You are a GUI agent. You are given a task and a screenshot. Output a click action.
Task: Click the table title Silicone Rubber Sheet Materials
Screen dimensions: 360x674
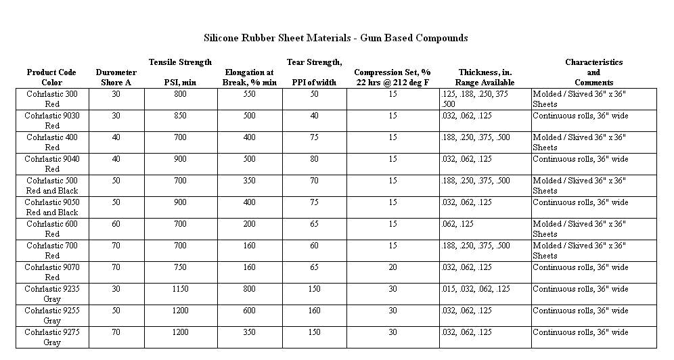click(x=336, y=38)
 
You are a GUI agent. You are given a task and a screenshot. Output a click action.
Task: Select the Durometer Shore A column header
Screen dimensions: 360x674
click(x=116, y=77)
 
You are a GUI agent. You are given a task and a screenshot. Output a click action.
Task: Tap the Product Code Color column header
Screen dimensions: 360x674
click(x=51, y=77)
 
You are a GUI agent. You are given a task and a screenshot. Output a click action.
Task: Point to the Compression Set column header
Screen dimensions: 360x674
click(x=392, y=77)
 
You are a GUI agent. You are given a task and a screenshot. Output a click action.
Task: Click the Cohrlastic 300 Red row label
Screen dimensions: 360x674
click(x=52, y=99)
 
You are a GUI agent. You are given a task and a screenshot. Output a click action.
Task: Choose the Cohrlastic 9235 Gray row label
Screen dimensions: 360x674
click(x=52, y=294)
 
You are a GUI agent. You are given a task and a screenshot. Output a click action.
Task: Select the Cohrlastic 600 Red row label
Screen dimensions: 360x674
click(x=52, y=229)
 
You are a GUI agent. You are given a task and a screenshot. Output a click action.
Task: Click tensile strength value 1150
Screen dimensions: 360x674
click(x=179, y=290)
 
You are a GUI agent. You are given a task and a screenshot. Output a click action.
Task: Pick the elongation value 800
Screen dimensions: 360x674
click(x=249, y=290)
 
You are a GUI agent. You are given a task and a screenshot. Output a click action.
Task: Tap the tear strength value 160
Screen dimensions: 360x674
click(x=314, y=311)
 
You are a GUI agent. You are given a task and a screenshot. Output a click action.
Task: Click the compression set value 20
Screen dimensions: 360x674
click(x=392, y=268)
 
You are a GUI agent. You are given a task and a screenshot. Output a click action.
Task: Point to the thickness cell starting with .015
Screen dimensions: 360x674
click(x=475, y=290)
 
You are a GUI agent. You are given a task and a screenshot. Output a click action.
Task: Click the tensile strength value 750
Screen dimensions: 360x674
click(x=179, y=268)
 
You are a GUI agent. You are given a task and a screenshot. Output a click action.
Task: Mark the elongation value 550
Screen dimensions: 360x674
click(x=249, y=95)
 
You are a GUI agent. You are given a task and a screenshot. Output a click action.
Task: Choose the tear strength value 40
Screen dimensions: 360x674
click(x=314, y=116)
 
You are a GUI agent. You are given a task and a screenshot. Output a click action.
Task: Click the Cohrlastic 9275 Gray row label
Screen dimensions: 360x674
click(x=52, y=338)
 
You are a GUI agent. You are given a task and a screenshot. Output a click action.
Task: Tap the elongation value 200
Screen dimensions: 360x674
click(x=249, y=225)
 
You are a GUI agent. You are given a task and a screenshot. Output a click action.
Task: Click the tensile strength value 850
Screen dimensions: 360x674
click(x=179, y=116)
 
